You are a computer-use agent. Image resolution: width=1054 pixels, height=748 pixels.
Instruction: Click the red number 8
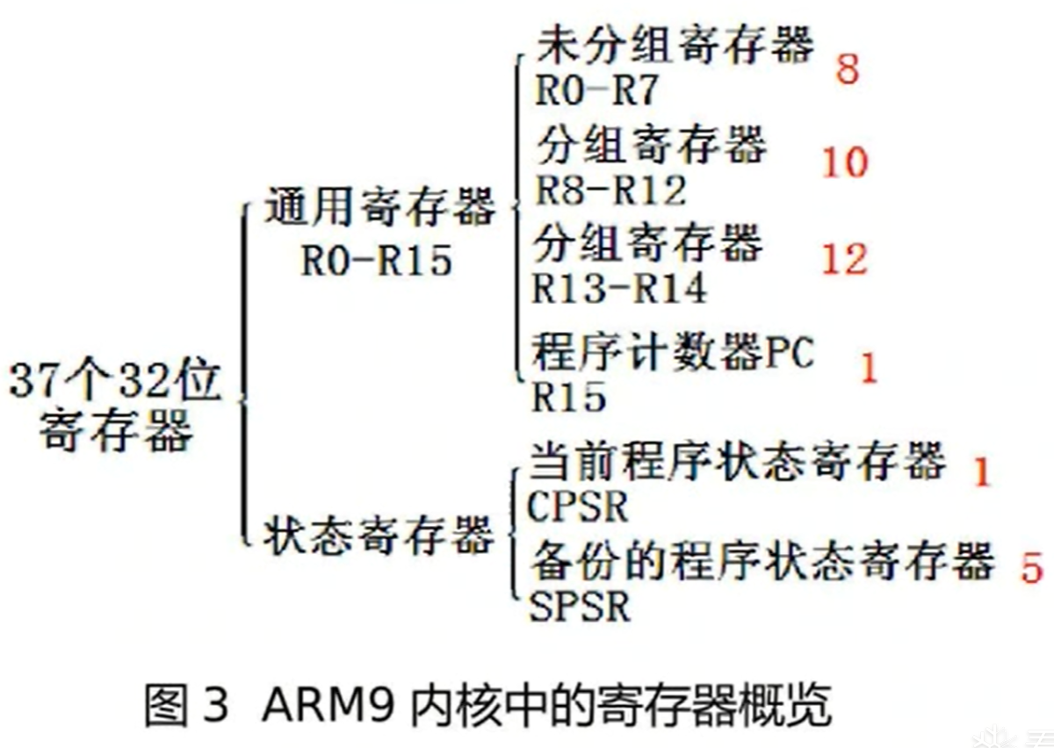(x=847, y=68)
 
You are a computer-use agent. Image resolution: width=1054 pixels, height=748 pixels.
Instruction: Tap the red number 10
(x=845, y=162)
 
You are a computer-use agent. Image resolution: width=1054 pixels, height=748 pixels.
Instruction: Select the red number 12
(x=845, y=258)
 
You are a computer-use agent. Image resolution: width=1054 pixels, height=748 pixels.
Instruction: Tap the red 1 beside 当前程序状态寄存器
(x=981, y=472)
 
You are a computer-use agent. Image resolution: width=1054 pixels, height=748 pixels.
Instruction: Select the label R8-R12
(x=610, y=189)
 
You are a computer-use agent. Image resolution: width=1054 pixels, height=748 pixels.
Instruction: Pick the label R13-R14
(x=619, y=287)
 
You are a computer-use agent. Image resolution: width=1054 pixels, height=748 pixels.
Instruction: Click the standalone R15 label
(x=569, y=398)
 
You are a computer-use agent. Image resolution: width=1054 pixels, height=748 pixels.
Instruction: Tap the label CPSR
(x=579, y=507)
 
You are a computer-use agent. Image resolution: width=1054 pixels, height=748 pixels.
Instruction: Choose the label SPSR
(x=580, y=607)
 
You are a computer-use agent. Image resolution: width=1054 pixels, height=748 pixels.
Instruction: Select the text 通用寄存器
(x=379, y=212)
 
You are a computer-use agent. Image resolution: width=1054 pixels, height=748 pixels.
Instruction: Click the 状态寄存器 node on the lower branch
(x=379, y=533)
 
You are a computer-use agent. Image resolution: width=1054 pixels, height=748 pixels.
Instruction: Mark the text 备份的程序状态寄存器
(x=762, y=561)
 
